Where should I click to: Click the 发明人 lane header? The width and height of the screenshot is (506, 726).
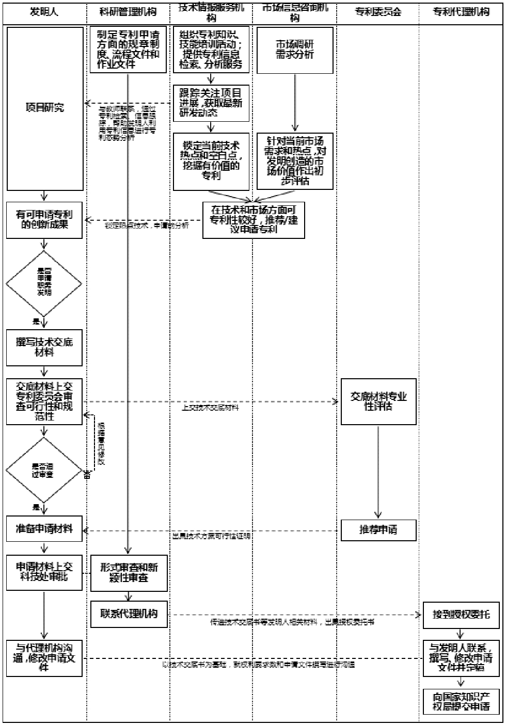click(44, 12)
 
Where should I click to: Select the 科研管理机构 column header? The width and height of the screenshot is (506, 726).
click(128, 12)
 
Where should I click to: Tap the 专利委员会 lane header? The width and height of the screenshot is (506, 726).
click(378, 12)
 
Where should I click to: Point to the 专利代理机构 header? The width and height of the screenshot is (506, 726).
click(461, 12)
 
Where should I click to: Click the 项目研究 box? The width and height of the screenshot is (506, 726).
click(45, 108)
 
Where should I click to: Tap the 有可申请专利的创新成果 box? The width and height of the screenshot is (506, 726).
click(44, 220)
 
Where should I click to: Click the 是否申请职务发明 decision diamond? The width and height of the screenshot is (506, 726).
click(44, 283)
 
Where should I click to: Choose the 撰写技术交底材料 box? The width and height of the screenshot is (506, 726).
click(44, 347)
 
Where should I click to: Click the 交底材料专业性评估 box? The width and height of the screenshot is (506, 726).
click(378, 402)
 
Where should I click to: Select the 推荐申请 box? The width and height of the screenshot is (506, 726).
click(378, 529)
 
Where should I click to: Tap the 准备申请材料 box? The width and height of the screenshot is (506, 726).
click(44, 529)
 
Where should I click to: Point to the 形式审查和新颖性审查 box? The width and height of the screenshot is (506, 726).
click(129, 573)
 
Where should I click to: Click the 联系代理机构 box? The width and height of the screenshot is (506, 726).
click(129, 614)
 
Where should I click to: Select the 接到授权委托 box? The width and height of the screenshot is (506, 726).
click(461, 615)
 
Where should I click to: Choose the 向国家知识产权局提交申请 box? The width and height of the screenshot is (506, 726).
click(461, 702)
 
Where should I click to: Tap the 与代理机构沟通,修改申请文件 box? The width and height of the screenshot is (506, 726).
click(44, 658)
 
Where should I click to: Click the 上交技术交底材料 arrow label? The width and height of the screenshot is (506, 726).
click(210, 408)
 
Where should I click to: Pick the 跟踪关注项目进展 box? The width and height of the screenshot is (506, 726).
click(211, 103)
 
